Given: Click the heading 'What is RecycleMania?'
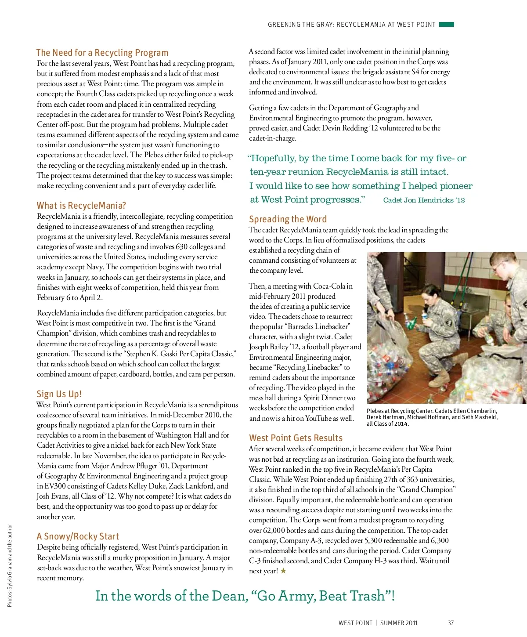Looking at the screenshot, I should pos(81,206).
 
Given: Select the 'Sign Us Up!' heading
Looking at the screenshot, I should pos(59,394).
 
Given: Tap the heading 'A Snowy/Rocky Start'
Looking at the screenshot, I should pos(78,536).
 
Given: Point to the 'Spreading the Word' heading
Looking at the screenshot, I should pos(288,219).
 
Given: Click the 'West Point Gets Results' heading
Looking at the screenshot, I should pos(296,438).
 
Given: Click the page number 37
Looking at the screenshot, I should pos(451,623).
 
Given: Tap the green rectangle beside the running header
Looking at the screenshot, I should pos(446,25).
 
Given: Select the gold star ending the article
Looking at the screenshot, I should pos(283,571).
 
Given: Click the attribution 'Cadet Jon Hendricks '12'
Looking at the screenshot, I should pos(424,200).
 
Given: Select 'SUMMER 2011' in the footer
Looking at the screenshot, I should pos(399,623).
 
